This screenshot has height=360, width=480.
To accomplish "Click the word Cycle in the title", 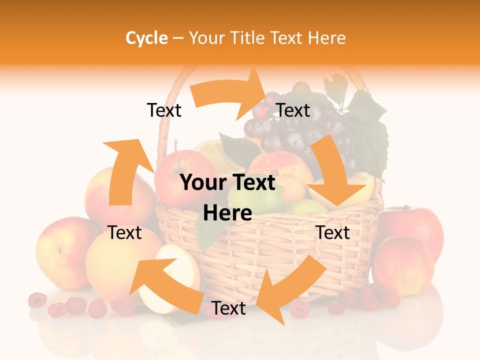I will point(146,38).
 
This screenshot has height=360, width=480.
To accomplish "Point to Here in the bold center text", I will point(227,213).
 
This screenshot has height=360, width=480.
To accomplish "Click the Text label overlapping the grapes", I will point(293,110).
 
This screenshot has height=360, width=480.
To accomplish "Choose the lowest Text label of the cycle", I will point(228,308).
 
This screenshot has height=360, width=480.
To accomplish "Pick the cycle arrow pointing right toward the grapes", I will point(230,93).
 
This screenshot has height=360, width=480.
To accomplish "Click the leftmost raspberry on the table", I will point(37,300).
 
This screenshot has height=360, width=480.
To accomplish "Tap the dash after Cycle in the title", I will point(178,38).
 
